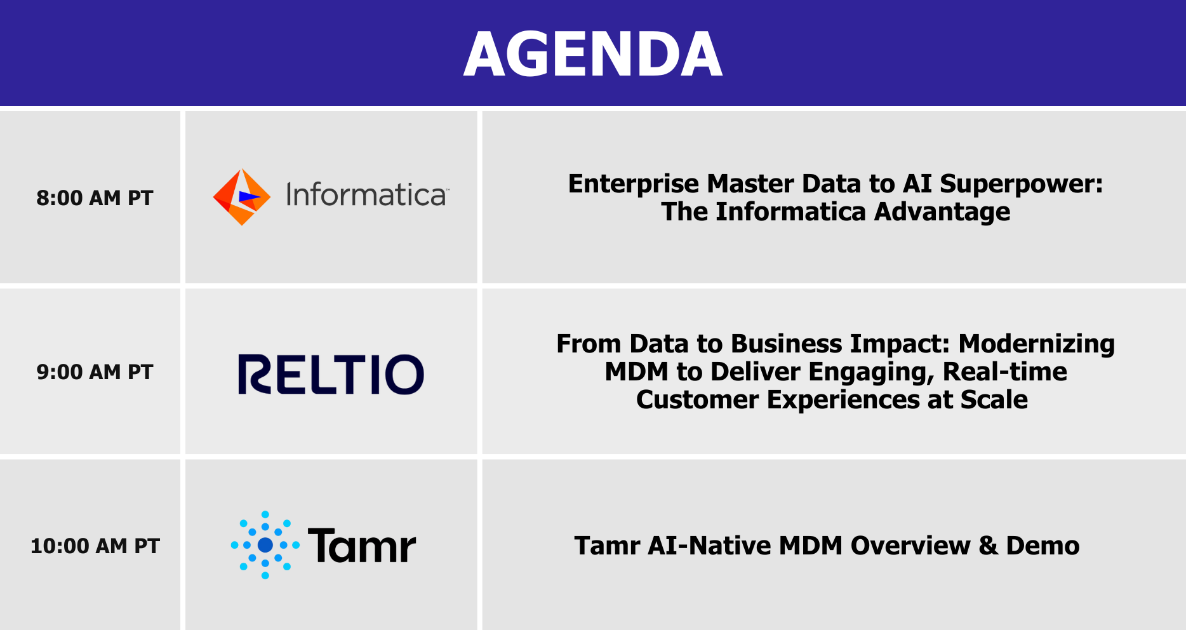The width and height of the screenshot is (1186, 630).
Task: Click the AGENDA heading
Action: click(593, 55)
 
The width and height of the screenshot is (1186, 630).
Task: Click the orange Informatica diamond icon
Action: click(241, 197)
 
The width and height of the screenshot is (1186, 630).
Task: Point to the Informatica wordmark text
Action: click(367, 195)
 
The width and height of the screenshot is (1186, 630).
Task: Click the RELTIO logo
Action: click(331, 374)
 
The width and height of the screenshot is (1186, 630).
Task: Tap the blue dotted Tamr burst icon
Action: click(265, 545)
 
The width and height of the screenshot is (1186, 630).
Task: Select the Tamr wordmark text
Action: click(362, 546)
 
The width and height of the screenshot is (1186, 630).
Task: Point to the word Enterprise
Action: click(634, 184)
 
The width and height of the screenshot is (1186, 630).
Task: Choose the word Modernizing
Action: click(1036, 344)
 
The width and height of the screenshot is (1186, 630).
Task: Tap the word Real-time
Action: click(1005, 372)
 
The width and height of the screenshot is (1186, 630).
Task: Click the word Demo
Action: click(1043, 546)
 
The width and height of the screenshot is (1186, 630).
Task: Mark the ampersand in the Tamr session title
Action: click(989, 546)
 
